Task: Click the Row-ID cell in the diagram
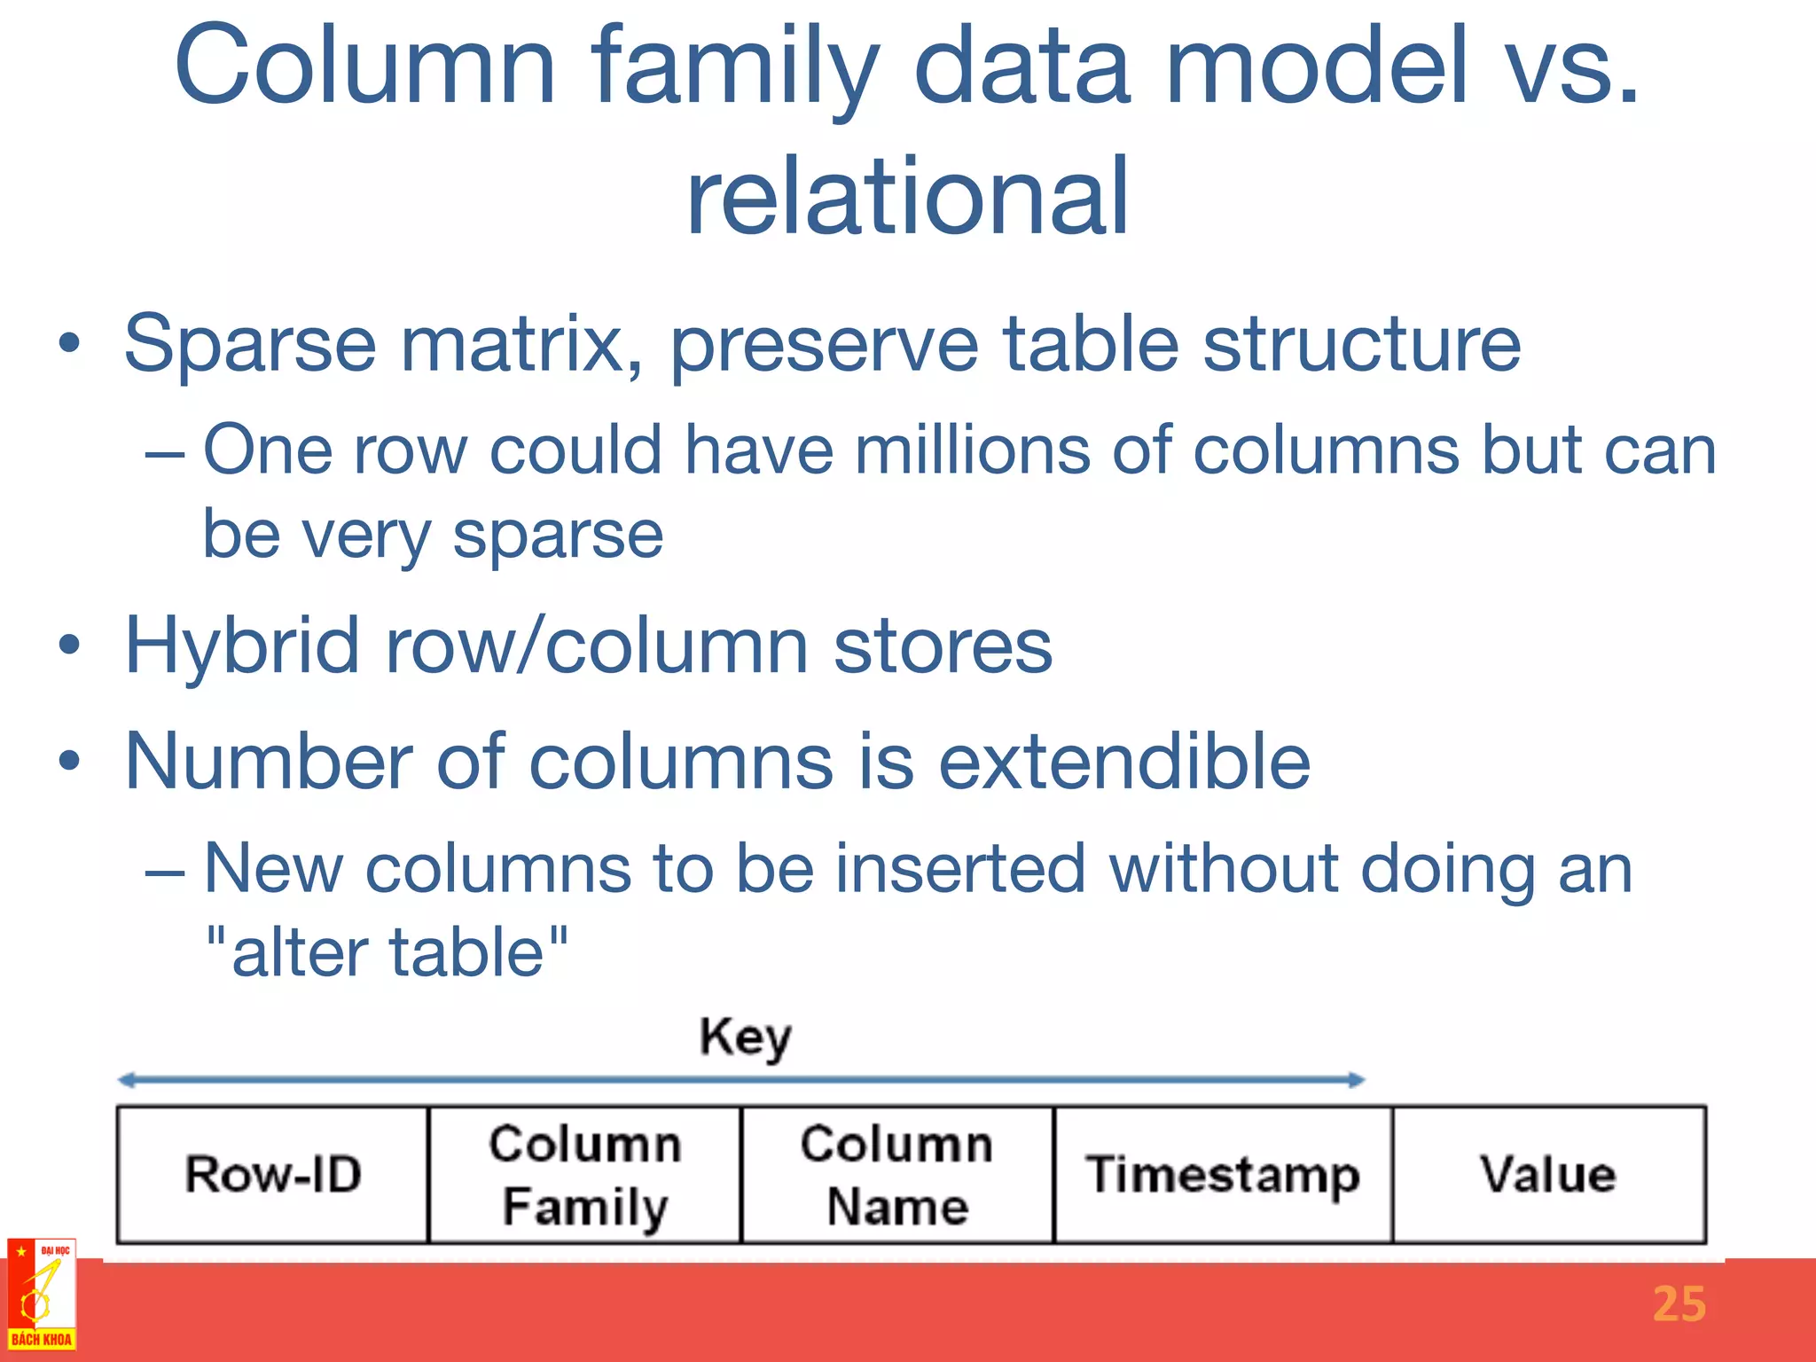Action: click(273, 1175)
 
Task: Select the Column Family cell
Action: click(584, 1175)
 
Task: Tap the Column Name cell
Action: click(896, 1175)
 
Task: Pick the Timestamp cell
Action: click(1222, 1175)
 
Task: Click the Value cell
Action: click(1548, 1175)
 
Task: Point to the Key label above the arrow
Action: click(745, 1037)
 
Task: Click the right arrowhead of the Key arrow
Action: click(1357, 1080)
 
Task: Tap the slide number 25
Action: click(1679, 1304)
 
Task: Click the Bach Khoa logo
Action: click(41, 1295)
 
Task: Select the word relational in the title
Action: click(907, 197)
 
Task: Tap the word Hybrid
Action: click(241, 646)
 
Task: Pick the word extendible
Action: click(1123, 762)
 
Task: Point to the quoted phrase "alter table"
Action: click(387, 951)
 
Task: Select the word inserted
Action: click(960, 868)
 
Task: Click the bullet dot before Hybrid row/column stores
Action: click(70, 646)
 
